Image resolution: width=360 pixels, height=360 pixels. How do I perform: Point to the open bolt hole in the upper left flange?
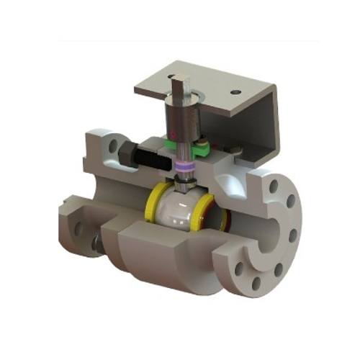[x=111, y=148]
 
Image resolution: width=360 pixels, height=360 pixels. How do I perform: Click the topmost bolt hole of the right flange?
[x=274, y=185]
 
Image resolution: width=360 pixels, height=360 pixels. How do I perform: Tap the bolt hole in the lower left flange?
[x=77, y=230]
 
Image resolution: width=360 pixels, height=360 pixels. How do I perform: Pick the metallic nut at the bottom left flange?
[x=96, y=248]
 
